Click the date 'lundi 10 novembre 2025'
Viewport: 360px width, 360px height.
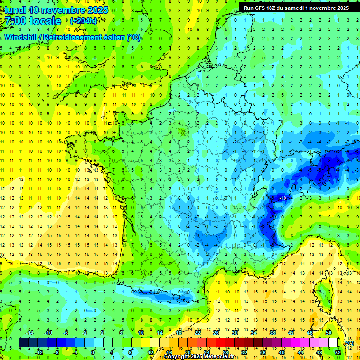click(56, 10)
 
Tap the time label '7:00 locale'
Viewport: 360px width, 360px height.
click(33, 21)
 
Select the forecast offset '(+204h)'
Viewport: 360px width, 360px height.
click(83, 21)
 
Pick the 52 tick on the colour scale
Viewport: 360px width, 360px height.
click(338, 352)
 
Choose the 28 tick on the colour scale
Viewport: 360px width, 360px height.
click(225, 352)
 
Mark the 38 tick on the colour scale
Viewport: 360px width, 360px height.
click(272, 333)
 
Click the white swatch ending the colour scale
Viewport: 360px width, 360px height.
click(333, 343)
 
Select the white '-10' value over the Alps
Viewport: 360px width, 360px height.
click(283, 198)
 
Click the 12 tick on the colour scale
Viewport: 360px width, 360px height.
click(150, 352)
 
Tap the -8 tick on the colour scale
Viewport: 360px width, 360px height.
click(56, 352)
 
